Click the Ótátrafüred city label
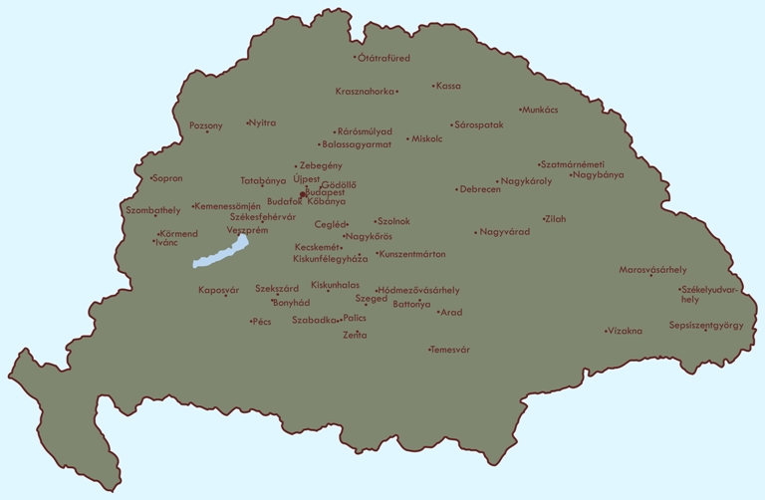click(384, 58)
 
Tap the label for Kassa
click(448, 87)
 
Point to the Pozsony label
click(206, 125)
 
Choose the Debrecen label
click(480, 189)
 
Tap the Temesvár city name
click(450, 351)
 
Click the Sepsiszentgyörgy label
click(706, 326)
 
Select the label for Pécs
click(262, 322)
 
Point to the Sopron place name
click(167, 178)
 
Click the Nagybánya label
click(599, 175)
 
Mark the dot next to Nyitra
click(248, 124)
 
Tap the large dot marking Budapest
click(302, 194)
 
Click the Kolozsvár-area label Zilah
click(555, 219)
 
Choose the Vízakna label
click(625, 331)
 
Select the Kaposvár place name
click(219, 290)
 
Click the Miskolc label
click(426, 139)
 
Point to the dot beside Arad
click(438, 312)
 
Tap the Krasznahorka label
click(365, 92)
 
